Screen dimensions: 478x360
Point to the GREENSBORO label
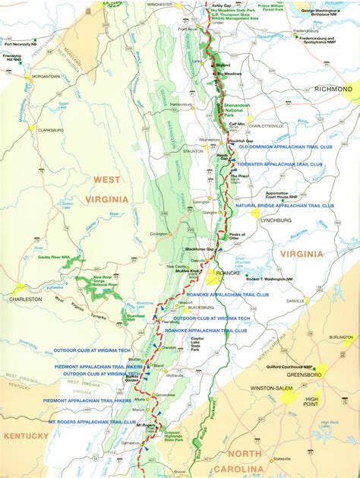[307, 375]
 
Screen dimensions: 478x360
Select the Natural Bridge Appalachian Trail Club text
[284, 205]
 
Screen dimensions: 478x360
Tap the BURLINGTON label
[341, 336]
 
